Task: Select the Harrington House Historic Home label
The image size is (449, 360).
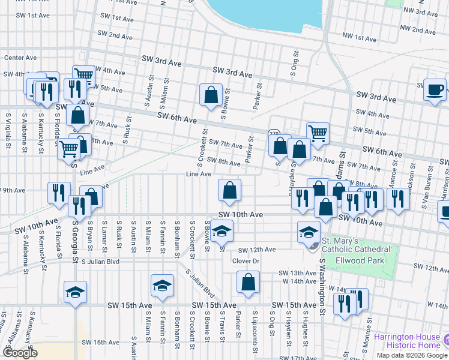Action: tap(408, 340)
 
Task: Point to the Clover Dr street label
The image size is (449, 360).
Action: tap(246, 261)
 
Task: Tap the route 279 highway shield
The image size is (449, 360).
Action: tap(274, 133)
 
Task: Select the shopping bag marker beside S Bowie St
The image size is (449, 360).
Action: tap(211, 95)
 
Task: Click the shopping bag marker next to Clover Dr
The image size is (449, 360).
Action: tap(247, 282)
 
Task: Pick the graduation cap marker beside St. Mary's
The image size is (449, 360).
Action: tap(309, 232)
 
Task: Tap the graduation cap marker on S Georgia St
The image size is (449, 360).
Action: tap(74, 293)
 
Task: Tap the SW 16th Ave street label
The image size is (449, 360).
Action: tap(100, 343)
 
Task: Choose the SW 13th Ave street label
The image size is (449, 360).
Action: tap(298, 273)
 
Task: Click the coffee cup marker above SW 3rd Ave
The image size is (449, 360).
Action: tap(435, 90)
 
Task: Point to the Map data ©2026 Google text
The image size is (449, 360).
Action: tap(412, 355)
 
